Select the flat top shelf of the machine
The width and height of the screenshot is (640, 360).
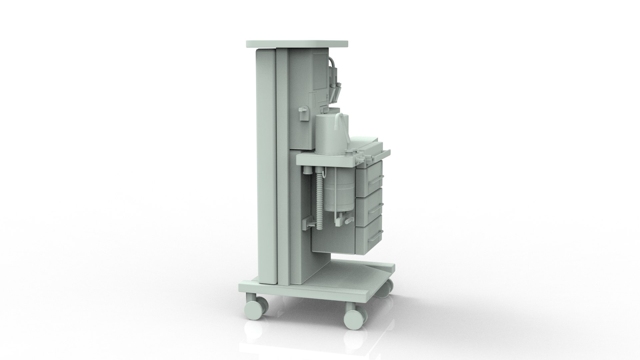click(x=297, y=44)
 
